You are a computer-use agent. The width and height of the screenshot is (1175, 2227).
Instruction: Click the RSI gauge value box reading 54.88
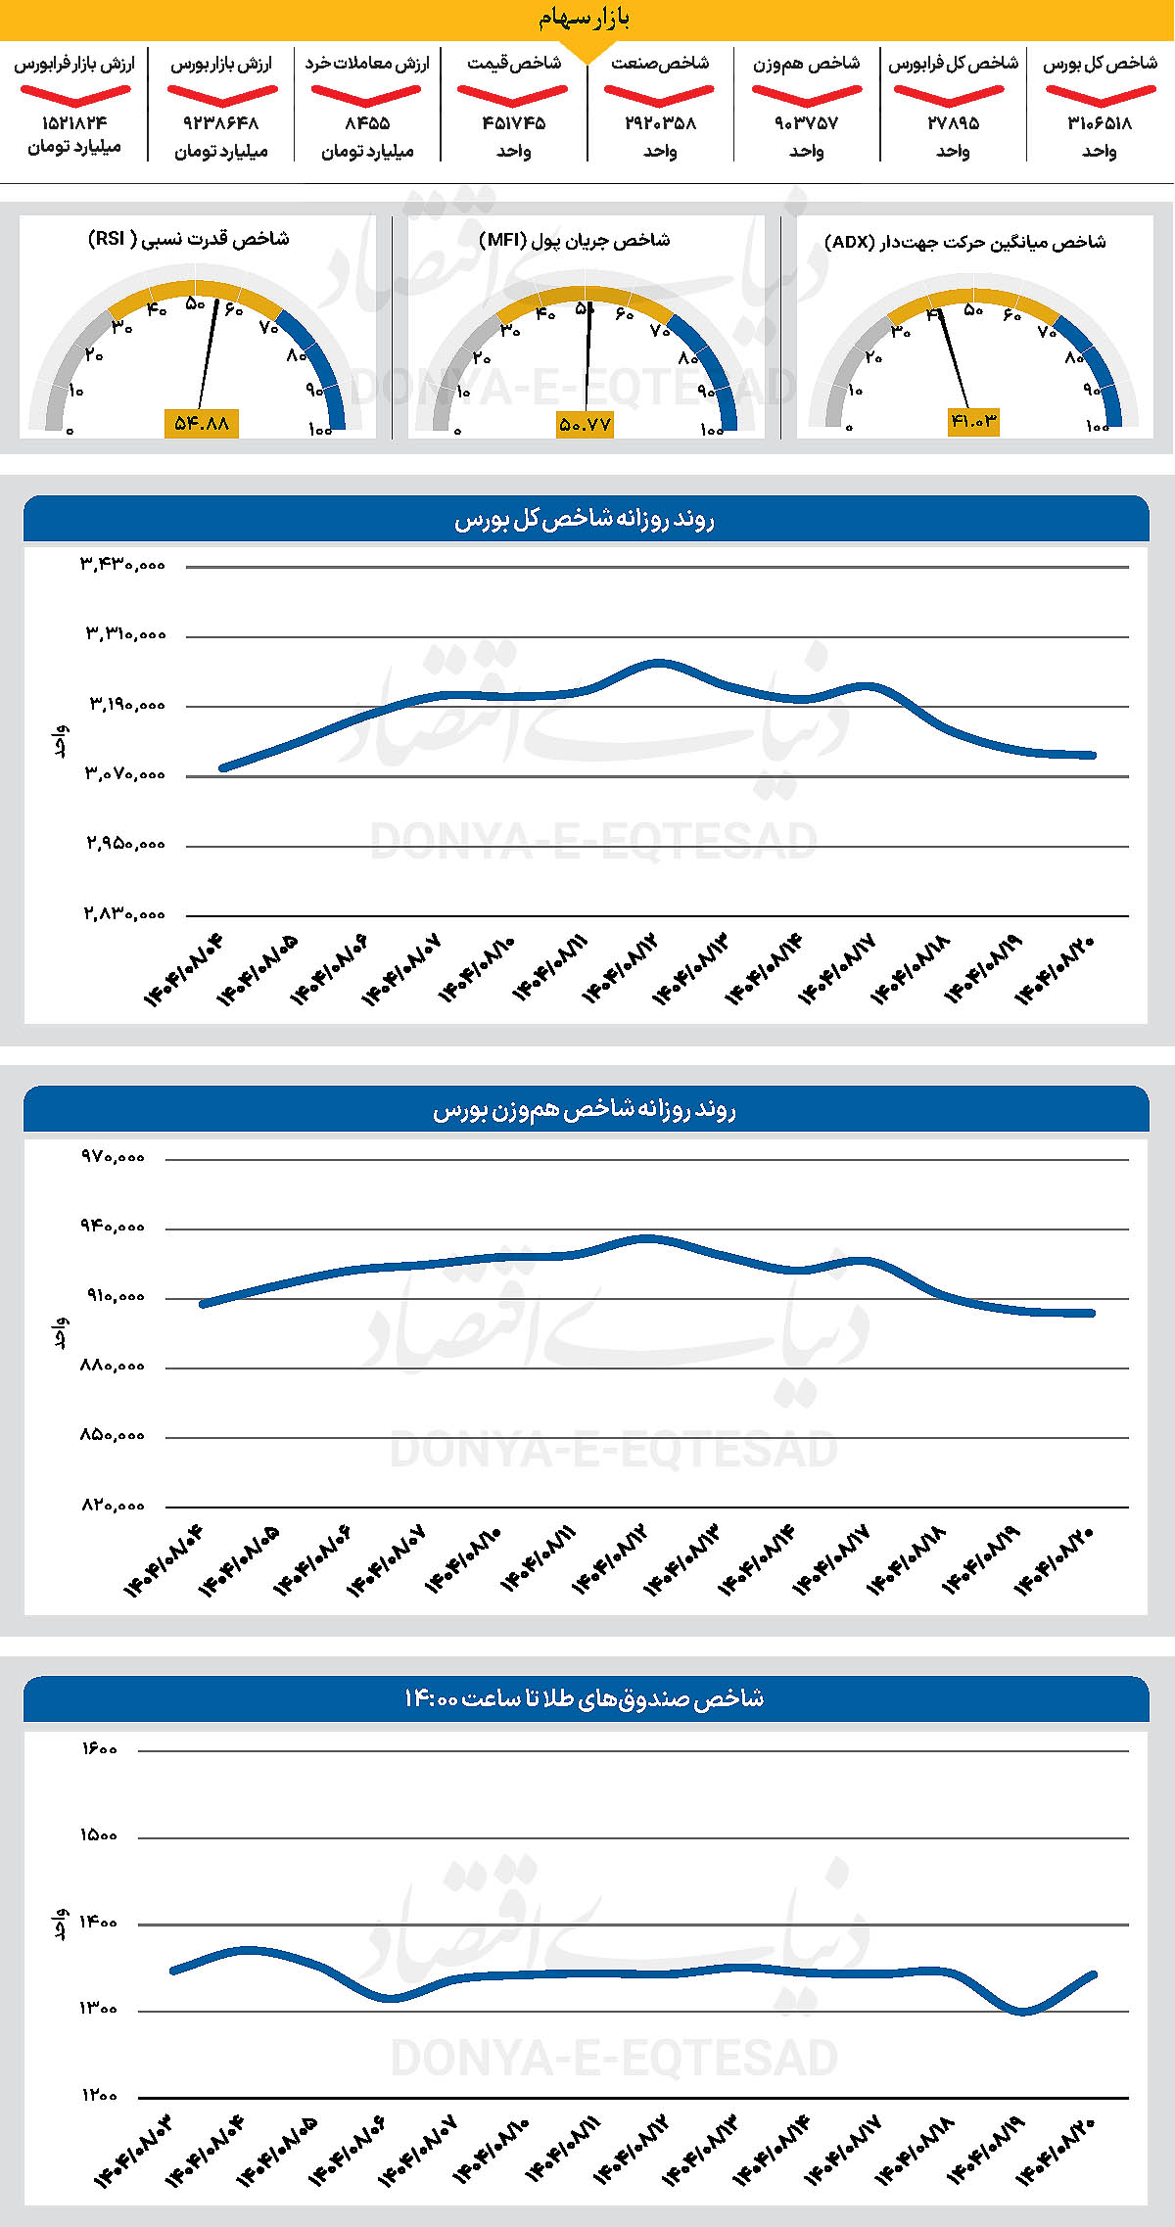pos(202,423)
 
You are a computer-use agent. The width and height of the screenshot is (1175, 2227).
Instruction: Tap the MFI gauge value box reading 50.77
pos(585,425)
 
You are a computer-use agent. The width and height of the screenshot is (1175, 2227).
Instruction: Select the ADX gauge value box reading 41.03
pos(973,421)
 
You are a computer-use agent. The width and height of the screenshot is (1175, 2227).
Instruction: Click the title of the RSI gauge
pos(189,239)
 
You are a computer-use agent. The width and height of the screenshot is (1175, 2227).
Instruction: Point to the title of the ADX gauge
pos(965,242)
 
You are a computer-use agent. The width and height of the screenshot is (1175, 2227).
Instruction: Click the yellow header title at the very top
pos(585,18)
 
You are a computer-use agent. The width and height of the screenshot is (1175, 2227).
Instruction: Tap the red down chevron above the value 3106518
pos(1101,95)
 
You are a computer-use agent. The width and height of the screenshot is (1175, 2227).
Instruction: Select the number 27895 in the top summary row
pos(953,123)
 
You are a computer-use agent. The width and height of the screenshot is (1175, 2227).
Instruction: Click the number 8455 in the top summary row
pos(367,123)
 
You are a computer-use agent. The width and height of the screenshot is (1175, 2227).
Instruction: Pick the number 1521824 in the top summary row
pos(74,123)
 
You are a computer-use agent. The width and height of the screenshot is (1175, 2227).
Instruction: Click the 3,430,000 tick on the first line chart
pos(123,565)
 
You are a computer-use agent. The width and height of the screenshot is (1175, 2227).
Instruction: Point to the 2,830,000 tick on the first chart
pos(123,914)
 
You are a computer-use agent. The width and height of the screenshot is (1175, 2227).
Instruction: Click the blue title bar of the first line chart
pos(586,519)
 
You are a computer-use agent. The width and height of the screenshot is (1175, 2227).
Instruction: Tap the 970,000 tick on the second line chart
pos(113,1157)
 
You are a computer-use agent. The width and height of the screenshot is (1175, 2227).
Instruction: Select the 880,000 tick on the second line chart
pos(113,1366)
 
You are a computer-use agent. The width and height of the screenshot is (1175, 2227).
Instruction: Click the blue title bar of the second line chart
pos(586,1110)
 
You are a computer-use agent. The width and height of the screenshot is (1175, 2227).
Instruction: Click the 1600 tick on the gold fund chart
pos(99,1749)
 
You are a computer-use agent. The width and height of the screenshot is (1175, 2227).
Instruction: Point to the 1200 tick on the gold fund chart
pos(99,2096)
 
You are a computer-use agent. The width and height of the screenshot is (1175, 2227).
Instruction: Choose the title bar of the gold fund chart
pos(586,1698)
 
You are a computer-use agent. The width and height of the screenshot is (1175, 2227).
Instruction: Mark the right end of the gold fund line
pos(1094,1974)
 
